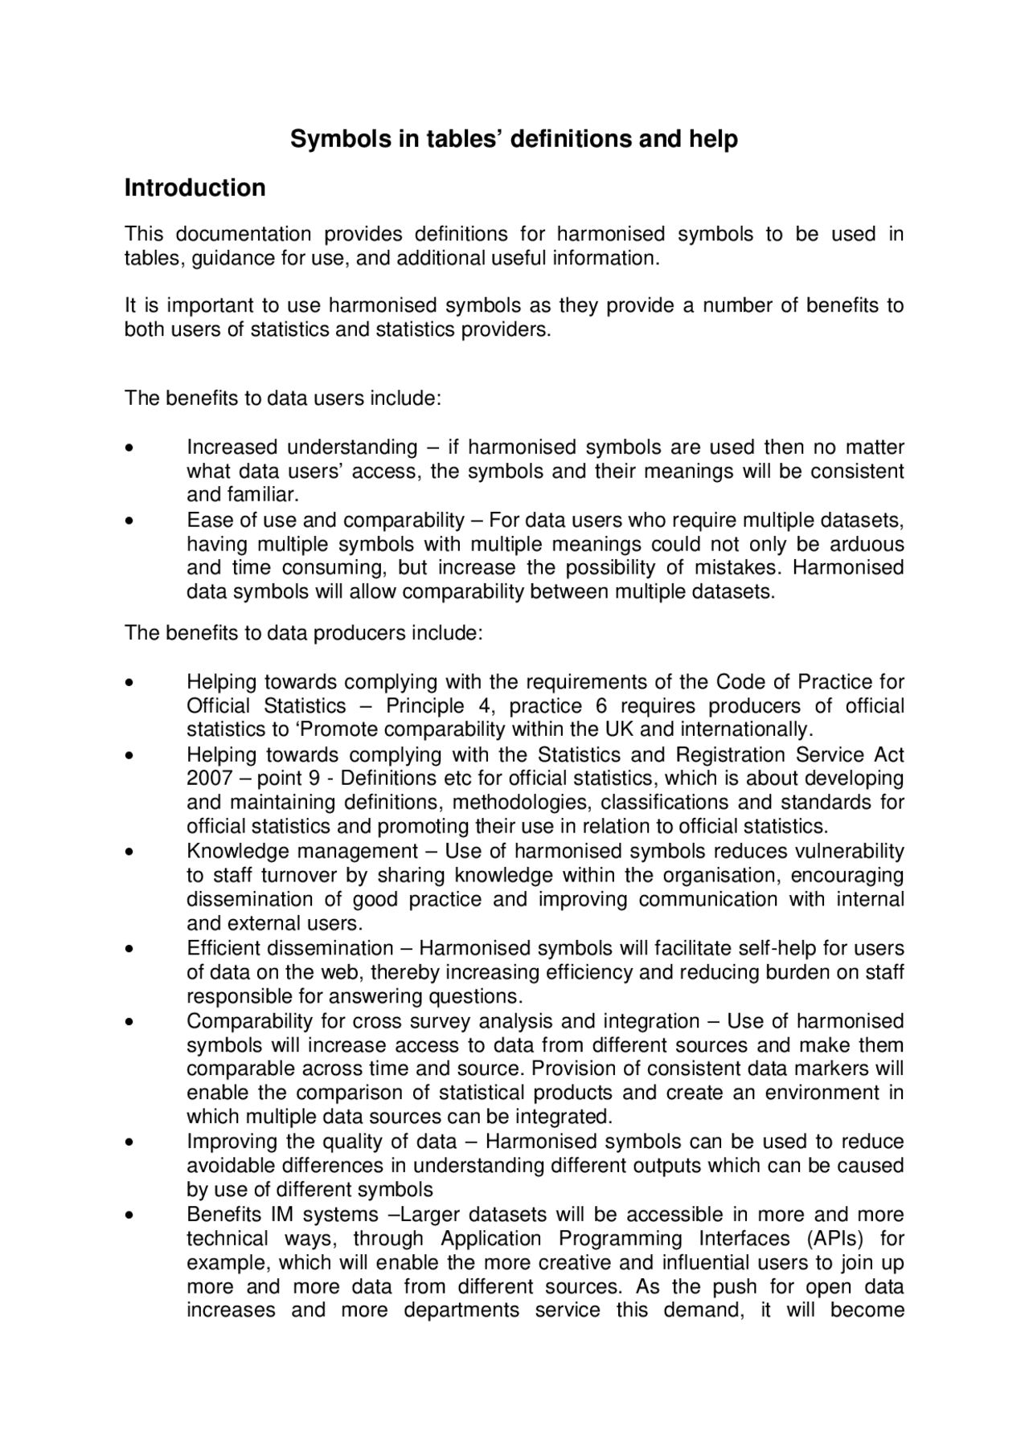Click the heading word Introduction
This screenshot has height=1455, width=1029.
pyautogui.click(x=195, y=188)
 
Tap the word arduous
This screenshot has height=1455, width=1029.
pyautogui.click(x=867, y=544)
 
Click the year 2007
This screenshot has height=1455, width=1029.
pyautogui.click(x=210, y=779)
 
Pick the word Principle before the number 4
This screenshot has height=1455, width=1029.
pyautogui.click(x=425, y=706)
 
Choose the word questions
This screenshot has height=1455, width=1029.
pyautogui.click(x=482, y=996)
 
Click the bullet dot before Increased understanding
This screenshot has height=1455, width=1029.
pyautogui.click(x=129, y=448)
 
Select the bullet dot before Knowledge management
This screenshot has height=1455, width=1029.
pyautogui.click(x=129, y=852)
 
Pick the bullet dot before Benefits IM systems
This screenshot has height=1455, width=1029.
pyautogui.click(x=129, y=1216)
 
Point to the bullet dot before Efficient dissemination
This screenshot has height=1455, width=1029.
pyautogui.click(x=129, y=950)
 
